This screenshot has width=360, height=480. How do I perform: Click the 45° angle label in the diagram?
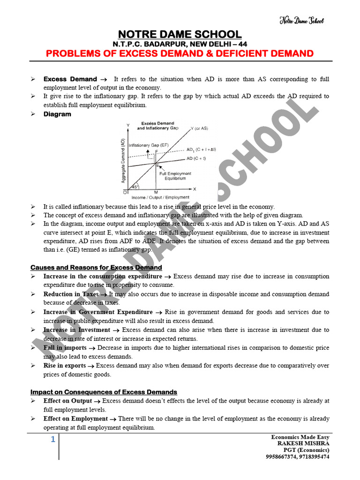135,187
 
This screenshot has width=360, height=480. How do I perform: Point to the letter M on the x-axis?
156,193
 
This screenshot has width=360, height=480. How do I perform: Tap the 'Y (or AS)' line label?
200,128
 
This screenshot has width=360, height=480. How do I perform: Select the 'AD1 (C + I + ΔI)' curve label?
201,150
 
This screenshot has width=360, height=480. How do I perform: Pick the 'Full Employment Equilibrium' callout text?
175,176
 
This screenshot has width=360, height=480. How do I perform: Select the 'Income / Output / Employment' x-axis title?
160,198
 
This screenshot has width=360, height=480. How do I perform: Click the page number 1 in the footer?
53,440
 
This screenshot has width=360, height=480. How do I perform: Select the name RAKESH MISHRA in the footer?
303,443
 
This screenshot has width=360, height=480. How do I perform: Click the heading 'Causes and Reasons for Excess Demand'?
96,268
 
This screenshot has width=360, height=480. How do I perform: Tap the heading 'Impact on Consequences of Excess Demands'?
104,392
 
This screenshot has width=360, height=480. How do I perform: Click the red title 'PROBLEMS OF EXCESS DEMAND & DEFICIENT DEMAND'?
180,53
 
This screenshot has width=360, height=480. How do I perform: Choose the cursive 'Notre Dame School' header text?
301,21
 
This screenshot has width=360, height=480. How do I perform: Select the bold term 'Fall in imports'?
65,348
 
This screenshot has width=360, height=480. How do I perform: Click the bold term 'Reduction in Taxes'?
71,294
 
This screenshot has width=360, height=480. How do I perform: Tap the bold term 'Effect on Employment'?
75,419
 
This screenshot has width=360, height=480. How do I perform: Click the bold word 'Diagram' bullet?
57,114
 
